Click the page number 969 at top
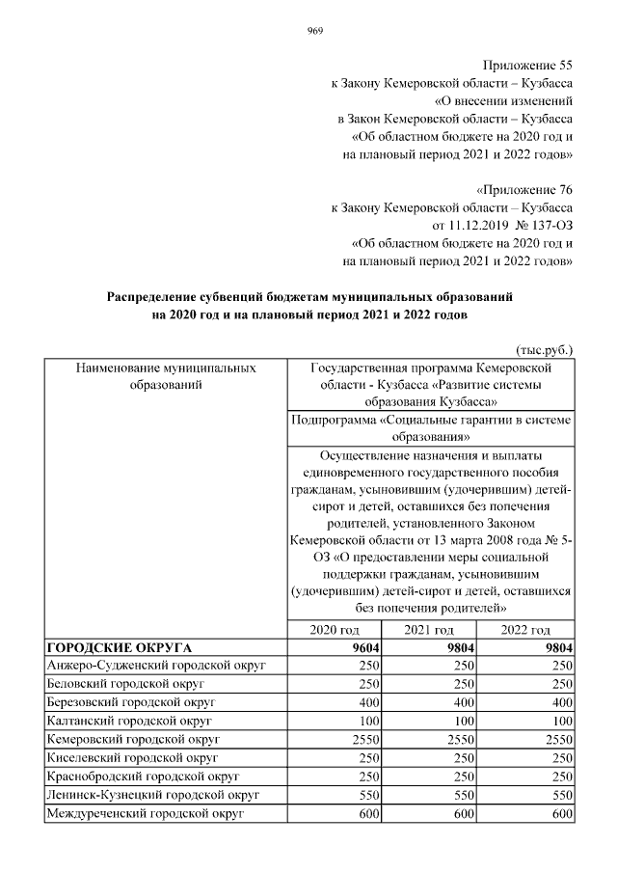coord(314,31)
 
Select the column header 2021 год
coord(430,629)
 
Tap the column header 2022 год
coord(526,629)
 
